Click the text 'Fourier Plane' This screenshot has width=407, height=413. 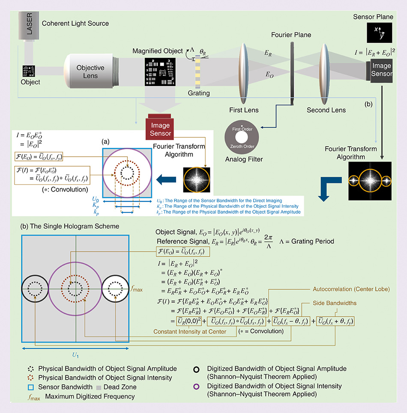point(291,35)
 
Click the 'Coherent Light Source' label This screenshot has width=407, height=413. point(75,23)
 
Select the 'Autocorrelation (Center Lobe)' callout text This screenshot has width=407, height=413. point(351,289)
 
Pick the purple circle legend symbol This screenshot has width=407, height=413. point(197,386)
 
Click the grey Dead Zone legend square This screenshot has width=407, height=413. point(99,387)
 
